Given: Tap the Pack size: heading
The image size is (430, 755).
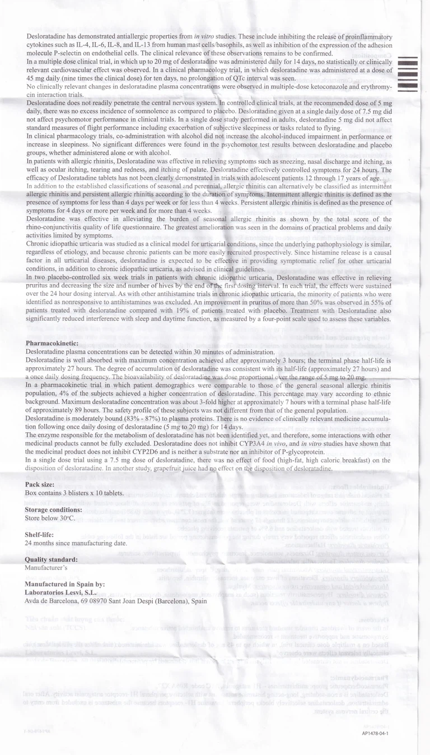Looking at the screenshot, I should click(x=41, y=484).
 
